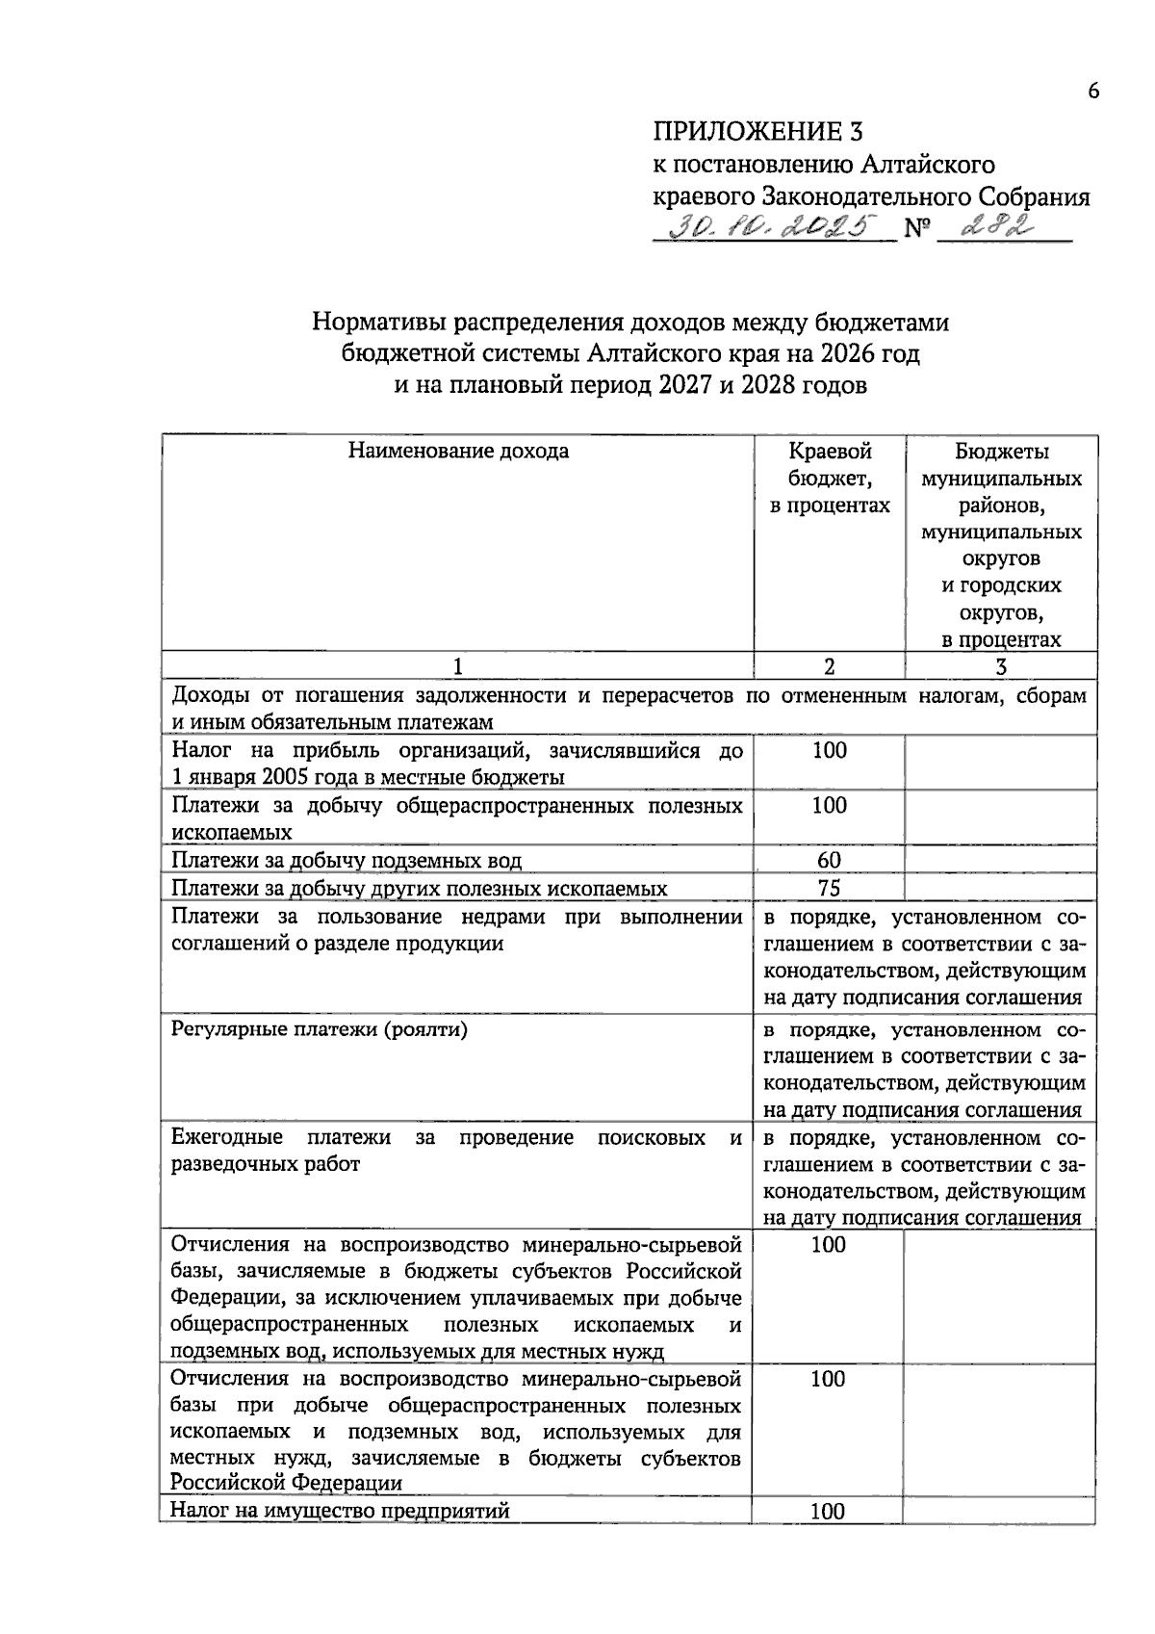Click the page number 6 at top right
click(1092, 91)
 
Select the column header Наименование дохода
click(457, 452)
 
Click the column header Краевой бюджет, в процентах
click(830, 478)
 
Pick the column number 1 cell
click(457, 666)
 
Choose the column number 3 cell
click(1001, 666)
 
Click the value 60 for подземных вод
click(829, 860)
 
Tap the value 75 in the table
click(829, 888)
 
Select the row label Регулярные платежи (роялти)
click(320, 1029)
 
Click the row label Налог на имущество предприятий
click(340, 1510)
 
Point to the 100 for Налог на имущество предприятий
click(828, 1512)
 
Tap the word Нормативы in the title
click(374, 322)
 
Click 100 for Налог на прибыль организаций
click(829, 750)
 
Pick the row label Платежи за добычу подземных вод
click(346, 860)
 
